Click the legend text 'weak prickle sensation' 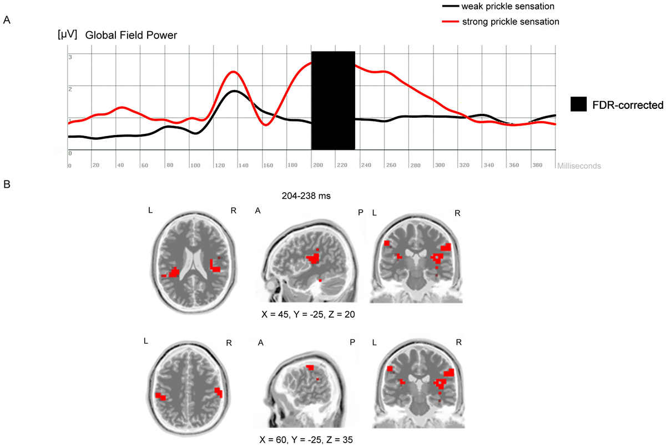[x=508, y=7]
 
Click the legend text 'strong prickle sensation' [x=510, y=22]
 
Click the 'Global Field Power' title [x=131, y=36]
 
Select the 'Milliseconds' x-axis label [x=579, y=165]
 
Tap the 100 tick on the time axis [x=194, y=165]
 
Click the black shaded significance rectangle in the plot [x=333, y=100]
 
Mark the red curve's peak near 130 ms [x=233, y=72]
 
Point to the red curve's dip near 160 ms [x=266, y=125]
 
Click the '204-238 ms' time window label [x=312, y=195]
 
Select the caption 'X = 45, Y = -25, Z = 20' [x=308, y=314]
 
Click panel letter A [x=7, y=20]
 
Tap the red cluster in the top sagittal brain [x=314, y=258]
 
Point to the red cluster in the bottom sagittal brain [x=310, y=368]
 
